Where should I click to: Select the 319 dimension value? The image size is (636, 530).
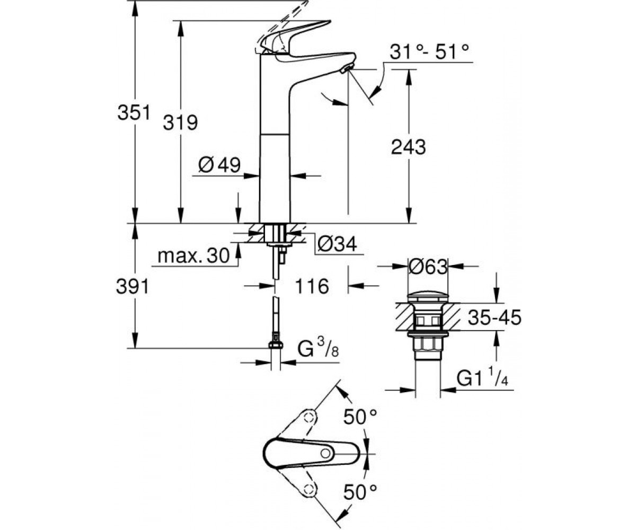(180, 122)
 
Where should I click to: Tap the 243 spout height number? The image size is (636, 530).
(408, 147)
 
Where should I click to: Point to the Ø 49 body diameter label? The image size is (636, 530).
(219, 165)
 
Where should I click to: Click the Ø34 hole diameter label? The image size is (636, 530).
(337, 244)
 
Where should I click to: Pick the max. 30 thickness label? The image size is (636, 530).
(193, 255)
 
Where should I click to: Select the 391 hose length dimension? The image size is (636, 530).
(132, 286)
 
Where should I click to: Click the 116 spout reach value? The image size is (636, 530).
(312, 286)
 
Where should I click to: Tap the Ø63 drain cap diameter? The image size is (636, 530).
(428, 267)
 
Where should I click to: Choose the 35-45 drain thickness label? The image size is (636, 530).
(494, 317)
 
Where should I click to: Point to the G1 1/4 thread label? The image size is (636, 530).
(482, 378)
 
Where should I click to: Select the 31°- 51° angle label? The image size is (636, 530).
(429, 52)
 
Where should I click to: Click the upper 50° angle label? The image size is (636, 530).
(360, 417)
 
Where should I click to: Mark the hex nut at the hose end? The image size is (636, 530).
(276, 344)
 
